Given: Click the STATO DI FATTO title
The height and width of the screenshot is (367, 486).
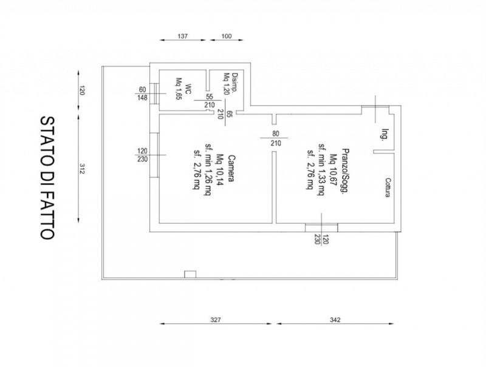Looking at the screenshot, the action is pyautogui.click(x=47, y=178).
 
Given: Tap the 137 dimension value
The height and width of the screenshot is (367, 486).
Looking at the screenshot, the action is pyautogui.click(x=183, y=36).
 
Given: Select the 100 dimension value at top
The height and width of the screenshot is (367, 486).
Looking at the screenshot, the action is pyautogui.click(x=227, y=36).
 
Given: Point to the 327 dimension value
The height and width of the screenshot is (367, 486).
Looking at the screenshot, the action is pyautogui.click(x=216, y=320).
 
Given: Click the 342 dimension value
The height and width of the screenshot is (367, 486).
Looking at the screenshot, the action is pyautogui.click(x=335, y=320).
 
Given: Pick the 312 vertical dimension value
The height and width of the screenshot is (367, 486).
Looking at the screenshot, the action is pyautogui.click(x=82, y=169).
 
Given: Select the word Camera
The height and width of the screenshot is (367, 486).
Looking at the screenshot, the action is pyautogui.click(x=231, y=168).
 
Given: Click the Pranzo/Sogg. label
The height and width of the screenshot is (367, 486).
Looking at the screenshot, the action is pyautogui.click(x=344, y=171).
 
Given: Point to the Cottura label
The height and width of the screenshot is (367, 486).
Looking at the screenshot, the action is pyautogui.click(x=388, y=187).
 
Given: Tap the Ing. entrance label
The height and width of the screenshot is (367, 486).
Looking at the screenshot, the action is pyautogui.click(x=385, y=135).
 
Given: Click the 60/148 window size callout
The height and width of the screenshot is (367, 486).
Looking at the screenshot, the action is pyautogui.click(x=142, y=94).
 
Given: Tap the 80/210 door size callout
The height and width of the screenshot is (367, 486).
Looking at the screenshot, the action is pyautogui.click(x=276, y=138).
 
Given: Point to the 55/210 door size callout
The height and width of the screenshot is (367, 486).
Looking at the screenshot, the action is pyautogui.click(x=210, y=101).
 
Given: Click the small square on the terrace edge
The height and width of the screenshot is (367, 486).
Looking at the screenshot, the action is pyautogui.click(x=190, y=274).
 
